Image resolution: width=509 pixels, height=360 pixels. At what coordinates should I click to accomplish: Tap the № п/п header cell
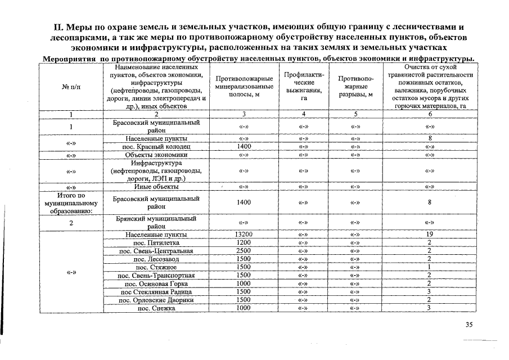click(71, 87)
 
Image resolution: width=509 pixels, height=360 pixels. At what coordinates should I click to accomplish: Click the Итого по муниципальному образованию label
click(71, 203)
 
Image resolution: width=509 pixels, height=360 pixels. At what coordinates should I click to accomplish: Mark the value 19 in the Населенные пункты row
click(429, 235)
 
